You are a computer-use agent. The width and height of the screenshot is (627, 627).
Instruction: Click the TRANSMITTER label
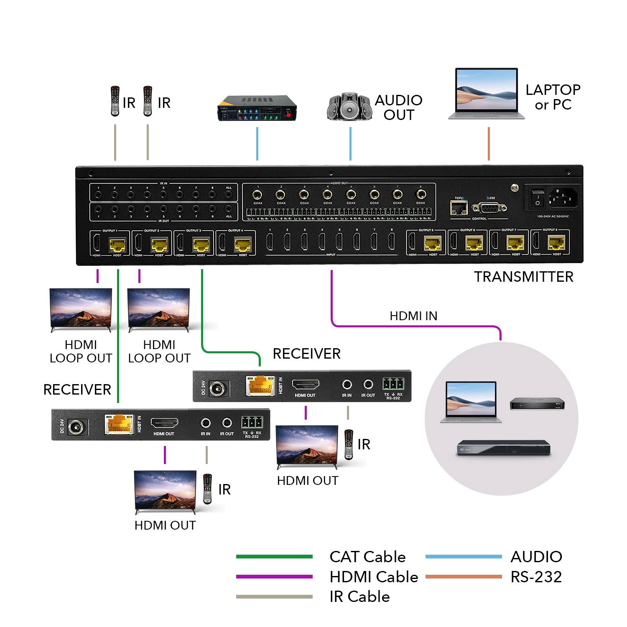point(523,277)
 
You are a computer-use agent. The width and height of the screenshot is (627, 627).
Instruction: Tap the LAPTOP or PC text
point(553,97)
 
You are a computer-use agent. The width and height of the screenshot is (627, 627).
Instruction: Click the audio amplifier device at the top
point(257,108)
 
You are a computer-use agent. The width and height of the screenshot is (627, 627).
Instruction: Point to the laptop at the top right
point(487,94)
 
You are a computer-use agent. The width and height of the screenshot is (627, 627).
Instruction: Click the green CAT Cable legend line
point(274,556)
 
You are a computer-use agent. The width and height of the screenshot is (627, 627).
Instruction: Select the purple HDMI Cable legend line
point(274,576)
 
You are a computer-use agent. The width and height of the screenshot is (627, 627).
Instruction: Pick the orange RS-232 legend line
point(463,576)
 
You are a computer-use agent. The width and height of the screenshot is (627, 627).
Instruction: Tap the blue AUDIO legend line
point(463,556)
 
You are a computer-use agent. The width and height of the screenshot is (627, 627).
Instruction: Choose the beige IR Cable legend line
point(274,596)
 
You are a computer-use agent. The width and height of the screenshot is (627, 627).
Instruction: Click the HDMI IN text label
point(413,316)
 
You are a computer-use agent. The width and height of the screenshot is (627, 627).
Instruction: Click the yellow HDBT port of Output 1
point(117,244)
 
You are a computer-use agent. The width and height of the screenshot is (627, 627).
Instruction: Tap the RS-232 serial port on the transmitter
point(489,208)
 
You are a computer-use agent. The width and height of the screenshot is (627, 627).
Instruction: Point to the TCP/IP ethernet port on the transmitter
point(459,207)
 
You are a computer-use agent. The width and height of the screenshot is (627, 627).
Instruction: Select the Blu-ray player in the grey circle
point(503,448)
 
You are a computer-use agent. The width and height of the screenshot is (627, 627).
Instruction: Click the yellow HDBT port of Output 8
point(556,243)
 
